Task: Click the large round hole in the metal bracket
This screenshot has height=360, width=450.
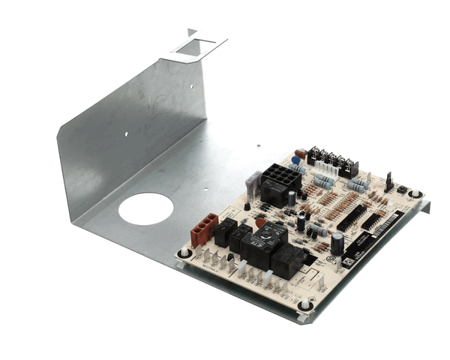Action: coord(145,208)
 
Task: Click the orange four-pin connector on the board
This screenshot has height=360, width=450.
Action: coord(203,229)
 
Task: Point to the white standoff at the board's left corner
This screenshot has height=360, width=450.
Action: coord(184,252)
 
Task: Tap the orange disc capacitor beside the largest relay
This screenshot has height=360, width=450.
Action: coord(260,223)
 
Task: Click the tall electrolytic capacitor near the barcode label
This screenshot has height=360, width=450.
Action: coord(337,241)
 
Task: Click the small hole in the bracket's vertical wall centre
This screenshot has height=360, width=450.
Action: coord(126,134)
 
